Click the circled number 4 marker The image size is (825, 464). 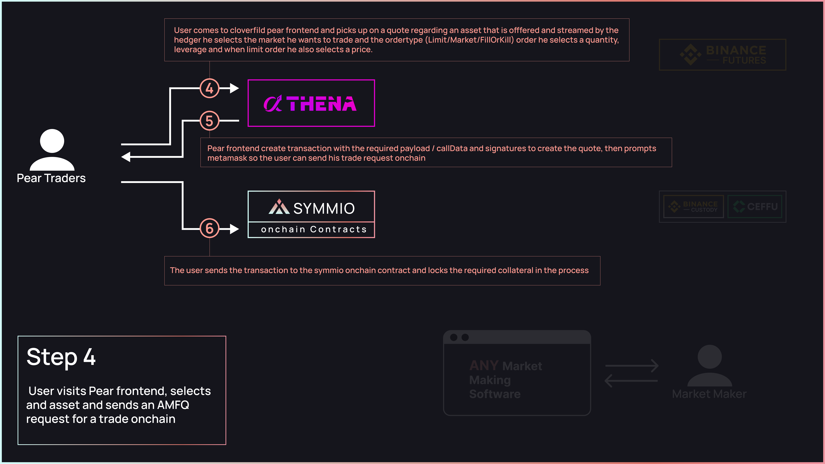coord(209,88)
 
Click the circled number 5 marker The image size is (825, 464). coord(209,121)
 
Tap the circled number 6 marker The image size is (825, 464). coord(209,228)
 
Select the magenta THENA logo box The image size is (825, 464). coord(311,103)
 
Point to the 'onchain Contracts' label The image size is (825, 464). coord(314,229)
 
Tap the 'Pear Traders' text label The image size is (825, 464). coord(51,178)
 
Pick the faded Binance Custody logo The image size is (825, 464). coord(693,206)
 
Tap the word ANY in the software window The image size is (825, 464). coord(484,365)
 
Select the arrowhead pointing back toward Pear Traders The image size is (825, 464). coord(126,157)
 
